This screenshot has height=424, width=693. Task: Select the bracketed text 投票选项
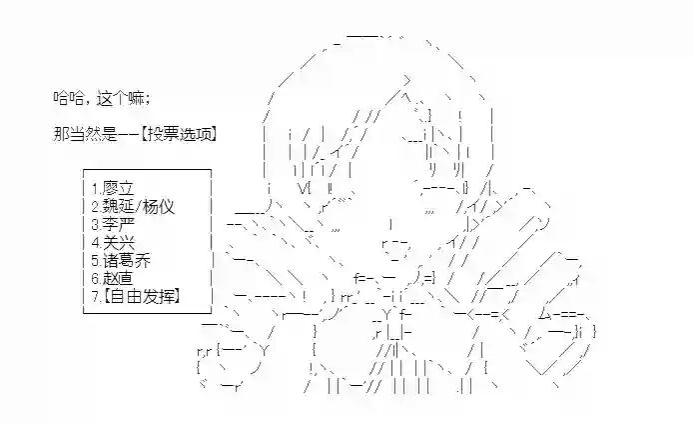tap(179, 133)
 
